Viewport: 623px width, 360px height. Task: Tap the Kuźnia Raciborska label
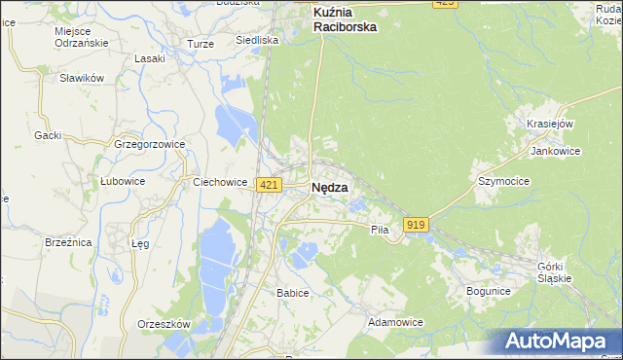[345, 19]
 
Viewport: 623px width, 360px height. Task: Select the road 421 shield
[270, 185]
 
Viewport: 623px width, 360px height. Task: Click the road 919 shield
[416, 225]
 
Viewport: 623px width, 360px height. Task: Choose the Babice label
[292, 292]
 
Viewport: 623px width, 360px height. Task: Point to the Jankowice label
[556, 151]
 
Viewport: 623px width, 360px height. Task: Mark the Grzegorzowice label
[149, 144]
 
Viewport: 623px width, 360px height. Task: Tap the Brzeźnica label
[68, 241]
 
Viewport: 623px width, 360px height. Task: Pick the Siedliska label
[258, 41]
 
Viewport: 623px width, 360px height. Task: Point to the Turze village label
[200, 45]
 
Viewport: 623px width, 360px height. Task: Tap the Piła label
[380, 230]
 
